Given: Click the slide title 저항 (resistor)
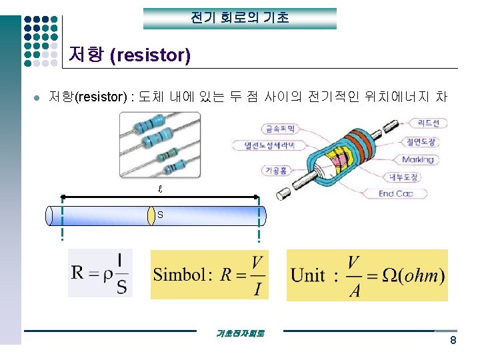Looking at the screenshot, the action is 130,55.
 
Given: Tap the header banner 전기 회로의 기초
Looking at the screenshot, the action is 240,18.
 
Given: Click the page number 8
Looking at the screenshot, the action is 453,341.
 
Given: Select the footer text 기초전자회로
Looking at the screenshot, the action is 241,333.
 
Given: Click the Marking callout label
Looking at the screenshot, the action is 417,159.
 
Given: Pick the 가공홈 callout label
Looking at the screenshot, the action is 275,171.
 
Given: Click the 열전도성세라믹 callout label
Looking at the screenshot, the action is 265,145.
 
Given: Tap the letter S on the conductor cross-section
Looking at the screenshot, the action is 160,215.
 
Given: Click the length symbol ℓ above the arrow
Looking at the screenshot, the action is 159,189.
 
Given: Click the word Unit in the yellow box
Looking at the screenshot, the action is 308,275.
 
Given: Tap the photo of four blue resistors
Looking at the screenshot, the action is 160,145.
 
